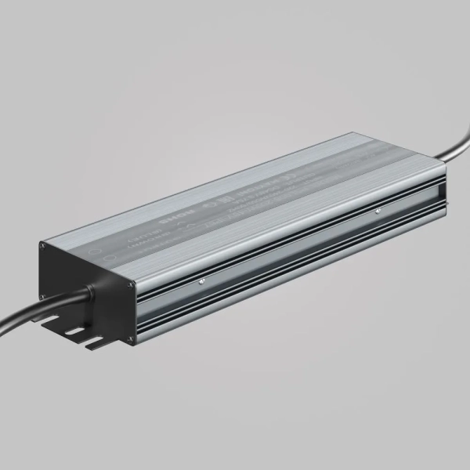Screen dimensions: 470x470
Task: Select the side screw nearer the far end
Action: point(378,211)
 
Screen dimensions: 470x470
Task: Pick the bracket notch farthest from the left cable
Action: point(97,343)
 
